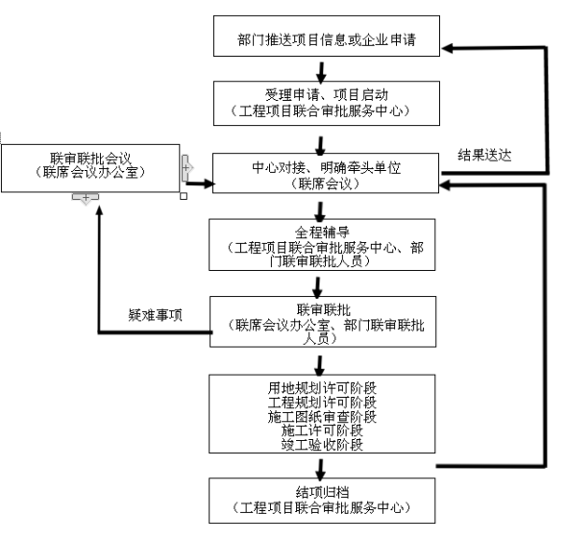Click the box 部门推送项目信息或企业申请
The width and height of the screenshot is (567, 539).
[x=327, y=36]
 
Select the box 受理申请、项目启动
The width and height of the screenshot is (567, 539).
[x=327, y=104]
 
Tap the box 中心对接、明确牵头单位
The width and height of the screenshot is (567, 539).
[x=326, y=173]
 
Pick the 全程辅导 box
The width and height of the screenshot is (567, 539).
[x=322, y=245]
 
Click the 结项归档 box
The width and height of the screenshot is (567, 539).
[x=322, y=501]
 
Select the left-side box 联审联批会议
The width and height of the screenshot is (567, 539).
[x=90, y=168]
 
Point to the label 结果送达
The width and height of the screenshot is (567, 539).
[x=484, y=155]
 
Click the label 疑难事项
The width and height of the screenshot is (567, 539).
[x=156, y=315]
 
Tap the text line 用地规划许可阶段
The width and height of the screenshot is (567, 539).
[x=322, y=388]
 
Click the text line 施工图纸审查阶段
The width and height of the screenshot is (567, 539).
[x=322, y=417]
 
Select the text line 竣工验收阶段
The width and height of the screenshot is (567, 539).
[x=322, y=445]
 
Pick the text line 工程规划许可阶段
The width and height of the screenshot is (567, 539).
[x=322, y=403]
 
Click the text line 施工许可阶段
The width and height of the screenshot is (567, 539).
[x=322, y=430]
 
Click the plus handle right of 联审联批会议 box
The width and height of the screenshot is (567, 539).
[x=185, y=168]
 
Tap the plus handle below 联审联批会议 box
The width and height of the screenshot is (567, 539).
[x=86, y=198]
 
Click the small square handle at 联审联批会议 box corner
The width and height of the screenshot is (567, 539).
[x=184, y=196]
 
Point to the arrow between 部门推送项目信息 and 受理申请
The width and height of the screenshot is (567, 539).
[x=321, y=73]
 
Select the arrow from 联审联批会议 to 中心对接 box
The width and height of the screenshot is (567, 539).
[x=200, y=184]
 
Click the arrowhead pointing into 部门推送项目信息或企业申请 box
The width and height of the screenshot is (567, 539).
[x=448, y=48]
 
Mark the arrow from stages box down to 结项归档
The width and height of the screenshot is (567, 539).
[x=320, y=470]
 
